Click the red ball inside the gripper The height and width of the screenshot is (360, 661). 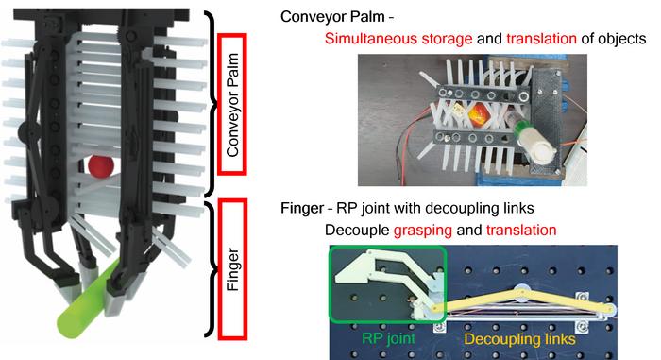pos(101,167)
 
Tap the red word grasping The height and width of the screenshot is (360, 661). pos(489,231)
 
